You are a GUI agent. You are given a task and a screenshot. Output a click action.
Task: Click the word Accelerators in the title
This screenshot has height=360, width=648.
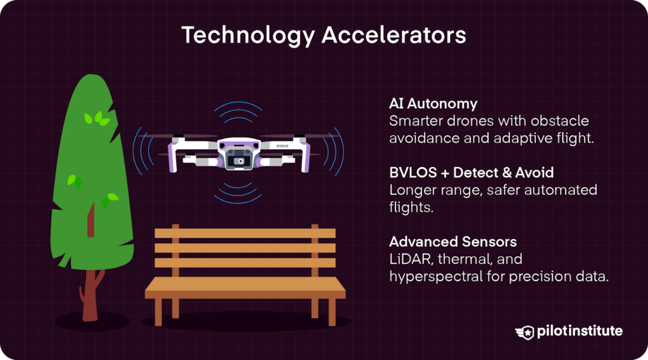pos(394,35)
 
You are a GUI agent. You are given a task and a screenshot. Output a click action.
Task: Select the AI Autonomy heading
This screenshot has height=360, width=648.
pos(433,103)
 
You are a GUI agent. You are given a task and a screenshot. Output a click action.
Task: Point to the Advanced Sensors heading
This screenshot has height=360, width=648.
pos(453,242)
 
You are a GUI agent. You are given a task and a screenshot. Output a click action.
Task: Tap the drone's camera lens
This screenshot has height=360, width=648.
pos(239,161)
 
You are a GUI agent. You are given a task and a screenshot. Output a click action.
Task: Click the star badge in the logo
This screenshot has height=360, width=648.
pos(525,332)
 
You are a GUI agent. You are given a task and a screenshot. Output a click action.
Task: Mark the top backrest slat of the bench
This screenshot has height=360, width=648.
pos(245,233)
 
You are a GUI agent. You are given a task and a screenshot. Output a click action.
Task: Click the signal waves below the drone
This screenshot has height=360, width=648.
pos(239,190)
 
